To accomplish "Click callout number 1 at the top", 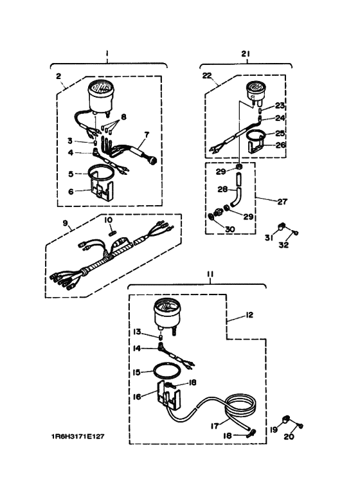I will (x=108, y=54).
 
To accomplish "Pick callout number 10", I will (x=109, y=219).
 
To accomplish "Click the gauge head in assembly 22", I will (x=253, y=91).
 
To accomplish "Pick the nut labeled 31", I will (x=282, y=226).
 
